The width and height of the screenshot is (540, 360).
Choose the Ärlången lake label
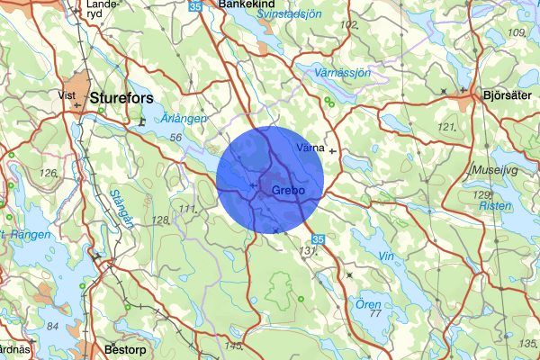click(186, 117)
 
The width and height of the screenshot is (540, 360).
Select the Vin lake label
click(387, 256)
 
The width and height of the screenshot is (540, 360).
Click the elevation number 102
click(349, 24)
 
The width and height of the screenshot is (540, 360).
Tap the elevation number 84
click(53, 326)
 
